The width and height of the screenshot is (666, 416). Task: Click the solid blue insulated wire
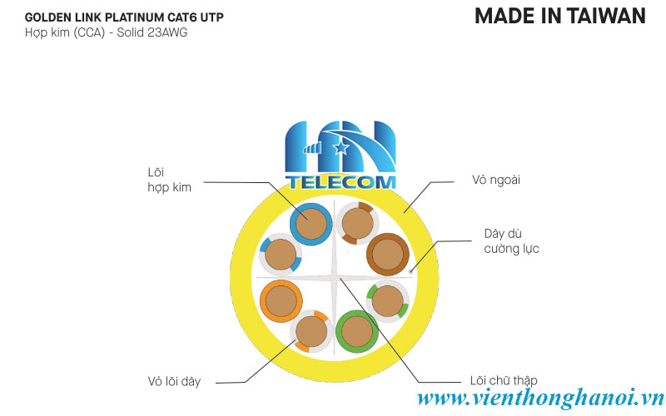coord(311,222)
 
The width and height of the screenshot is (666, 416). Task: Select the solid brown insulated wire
coord(387,255)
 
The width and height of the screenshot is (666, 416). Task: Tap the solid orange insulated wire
coord(281,301)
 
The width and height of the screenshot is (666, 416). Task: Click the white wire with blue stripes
coord(281,256)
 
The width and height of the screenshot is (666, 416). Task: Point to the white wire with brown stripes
coord(357,222)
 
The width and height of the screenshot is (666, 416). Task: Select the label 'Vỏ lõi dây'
coord(174,381)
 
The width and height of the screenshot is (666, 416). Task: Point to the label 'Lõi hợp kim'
coord(169,180)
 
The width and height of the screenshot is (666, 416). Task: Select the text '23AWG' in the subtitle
coord(158,32)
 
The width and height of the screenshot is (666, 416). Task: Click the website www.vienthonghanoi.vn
coord(540,399)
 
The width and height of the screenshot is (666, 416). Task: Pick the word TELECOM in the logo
coord(340,181)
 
